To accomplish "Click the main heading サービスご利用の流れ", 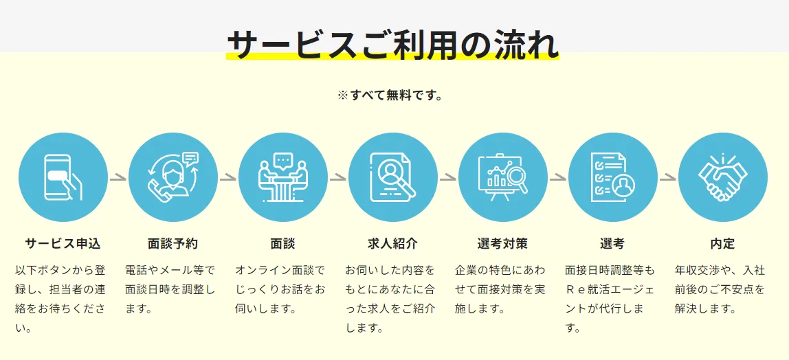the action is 392,45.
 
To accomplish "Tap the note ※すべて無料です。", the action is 390,95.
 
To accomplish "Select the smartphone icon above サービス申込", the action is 63,177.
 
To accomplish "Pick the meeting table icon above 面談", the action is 282,177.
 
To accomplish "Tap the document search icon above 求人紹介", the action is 393,177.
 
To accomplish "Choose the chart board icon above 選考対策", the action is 502,177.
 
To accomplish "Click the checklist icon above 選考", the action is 612,177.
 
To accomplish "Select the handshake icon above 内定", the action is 722,176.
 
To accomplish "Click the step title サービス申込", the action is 63,244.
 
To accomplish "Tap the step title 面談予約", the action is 173,244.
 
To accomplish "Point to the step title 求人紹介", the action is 393,244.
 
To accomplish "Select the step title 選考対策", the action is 502,244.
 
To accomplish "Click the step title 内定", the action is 722,244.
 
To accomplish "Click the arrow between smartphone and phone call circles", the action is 118,177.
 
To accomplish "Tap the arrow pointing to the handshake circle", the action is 668,177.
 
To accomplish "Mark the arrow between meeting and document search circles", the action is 337,177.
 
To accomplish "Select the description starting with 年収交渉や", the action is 720,289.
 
